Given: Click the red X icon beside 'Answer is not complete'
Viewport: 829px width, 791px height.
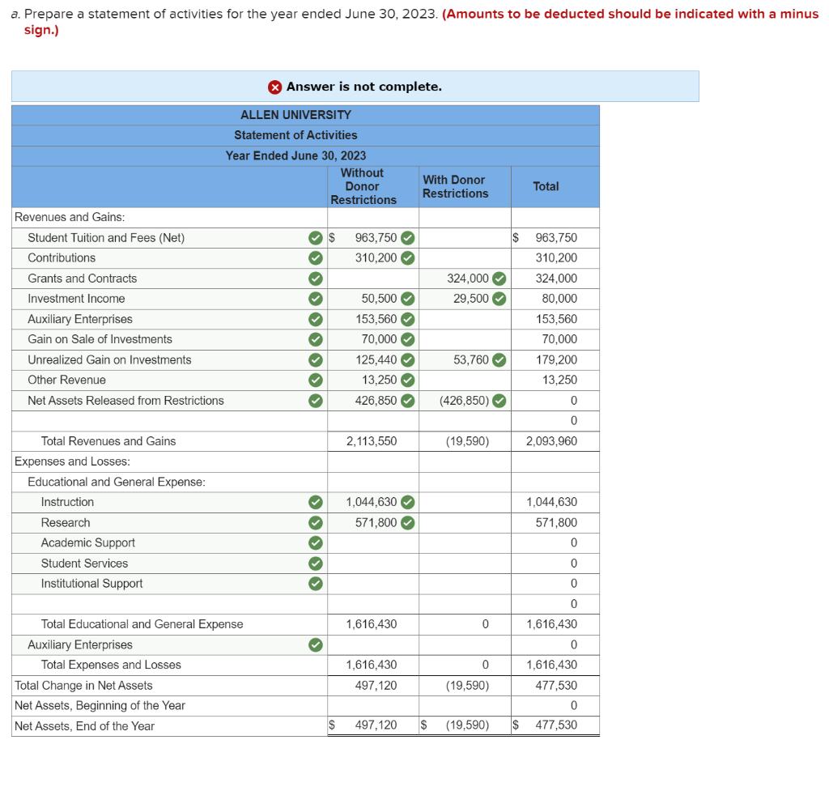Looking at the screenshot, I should pos(275,87).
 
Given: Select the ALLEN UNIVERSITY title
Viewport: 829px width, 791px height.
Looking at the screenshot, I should pos(295,115).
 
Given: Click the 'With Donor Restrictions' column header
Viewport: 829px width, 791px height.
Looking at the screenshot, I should pos(455,186).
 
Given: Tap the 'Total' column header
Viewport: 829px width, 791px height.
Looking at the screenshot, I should pos(546,186).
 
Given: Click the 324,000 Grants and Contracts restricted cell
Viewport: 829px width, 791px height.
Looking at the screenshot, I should pos(468,279).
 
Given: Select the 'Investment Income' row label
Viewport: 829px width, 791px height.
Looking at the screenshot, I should pos(76,299).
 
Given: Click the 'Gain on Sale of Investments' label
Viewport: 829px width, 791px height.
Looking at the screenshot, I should pos(100,339).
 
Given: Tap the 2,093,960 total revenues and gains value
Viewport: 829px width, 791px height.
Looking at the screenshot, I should pos(552,441).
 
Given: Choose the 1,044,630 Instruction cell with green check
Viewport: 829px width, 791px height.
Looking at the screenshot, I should pos(372,502).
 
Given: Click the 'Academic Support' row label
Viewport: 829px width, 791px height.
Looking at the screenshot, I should pos(88,542).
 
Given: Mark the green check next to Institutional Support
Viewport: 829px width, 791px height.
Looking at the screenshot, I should pos(316,584).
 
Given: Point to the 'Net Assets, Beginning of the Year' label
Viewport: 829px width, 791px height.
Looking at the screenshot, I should pos(100,705).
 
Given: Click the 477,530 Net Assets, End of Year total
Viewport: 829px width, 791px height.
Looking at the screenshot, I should pos(556,725).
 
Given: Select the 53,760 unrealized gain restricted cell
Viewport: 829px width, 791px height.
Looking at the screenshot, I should pos(470,359).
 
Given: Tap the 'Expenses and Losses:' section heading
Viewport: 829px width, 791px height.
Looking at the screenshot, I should pos(73,461).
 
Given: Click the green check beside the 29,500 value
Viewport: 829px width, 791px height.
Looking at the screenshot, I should pos(500,299).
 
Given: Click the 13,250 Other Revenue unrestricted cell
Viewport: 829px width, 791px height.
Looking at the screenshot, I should pos(377,380).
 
